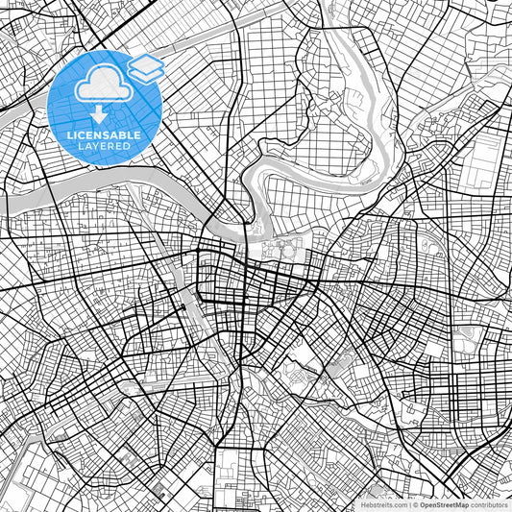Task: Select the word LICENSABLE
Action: (104, 135)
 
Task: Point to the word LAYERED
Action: (104, 147)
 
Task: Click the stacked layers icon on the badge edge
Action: (146, 66)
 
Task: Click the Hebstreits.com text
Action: (383, 503)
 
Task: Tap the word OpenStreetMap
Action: (443, 503)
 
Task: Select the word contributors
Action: (489, 503)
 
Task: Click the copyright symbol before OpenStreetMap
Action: (414, 503)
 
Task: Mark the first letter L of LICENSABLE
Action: (69, 135)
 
